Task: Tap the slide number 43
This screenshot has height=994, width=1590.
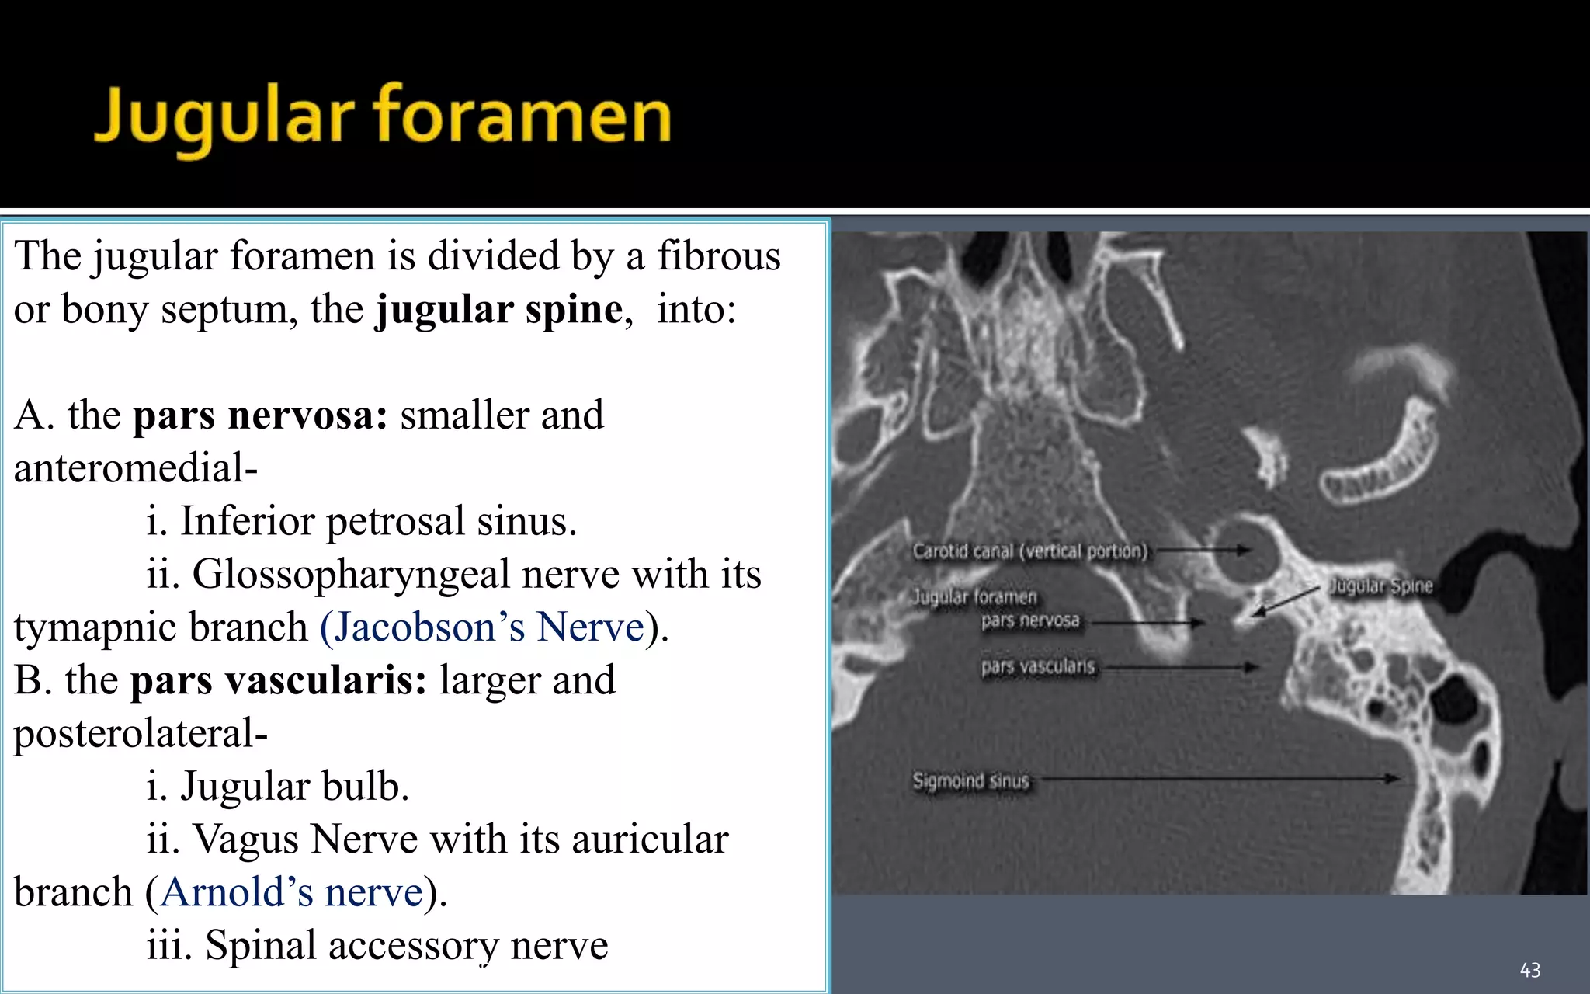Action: point(1529,970)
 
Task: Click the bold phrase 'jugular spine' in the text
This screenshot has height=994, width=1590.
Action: point(499,310)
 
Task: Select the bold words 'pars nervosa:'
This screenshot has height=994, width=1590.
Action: point(260,415)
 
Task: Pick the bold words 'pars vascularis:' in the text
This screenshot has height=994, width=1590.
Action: point(278,681)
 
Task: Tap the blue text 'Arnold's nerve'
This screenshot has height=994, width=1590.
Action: point(292,892)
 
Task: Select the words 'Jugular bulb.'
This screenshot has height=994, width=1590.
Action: point(294,787)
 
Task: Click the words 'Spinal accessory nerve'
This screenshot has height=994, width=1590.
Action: point(406,946)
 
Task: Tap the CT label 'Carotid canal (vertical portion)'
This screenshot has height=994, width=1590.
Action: point(1029,551)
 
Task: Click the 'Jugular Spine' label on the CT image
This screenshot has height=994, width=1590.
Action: point(1380,586)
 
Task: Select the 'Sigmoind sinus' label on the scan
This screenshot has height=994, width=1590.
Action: point(970,780)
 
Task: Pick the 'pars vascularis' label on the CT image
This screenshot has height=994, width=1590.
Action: point(1037,667)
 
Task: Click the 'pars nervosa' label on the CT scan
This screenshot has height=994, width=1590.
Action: point(1029,621)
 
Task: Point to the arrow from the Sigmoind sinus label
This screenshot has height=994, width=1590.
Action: point(1219,778)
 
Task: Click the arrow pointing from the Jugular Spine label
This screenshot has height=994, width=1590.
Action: point(1286,601)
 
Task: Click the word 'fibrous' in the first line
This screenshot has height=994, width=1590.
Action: point(719,256)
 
